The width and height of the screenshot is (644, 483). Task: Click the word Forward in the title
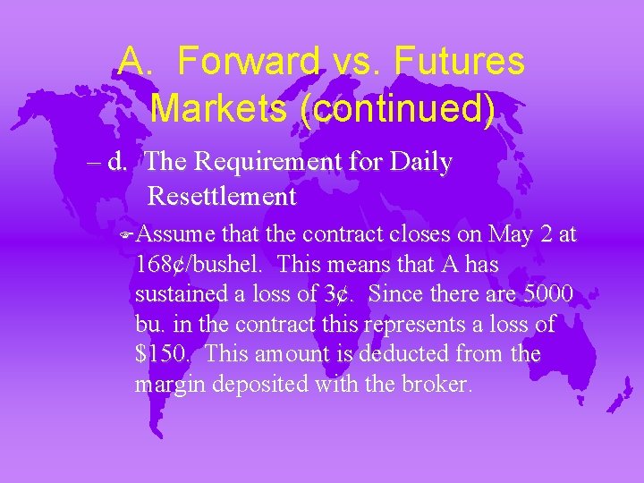(248, 62)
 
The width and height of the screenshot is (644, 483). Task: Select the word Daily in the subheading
(423, 163)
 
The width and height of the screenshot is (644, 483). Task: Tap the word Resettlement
(221, 194)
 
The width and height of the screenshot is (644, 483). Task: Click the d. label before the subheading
(119, 163)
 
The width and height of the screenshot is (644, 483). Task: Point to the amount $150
(163, 354)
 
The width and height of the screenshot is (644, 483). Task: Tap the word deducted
(401, 354)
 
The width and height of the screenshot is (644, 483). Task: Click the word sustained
(178, 294)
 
